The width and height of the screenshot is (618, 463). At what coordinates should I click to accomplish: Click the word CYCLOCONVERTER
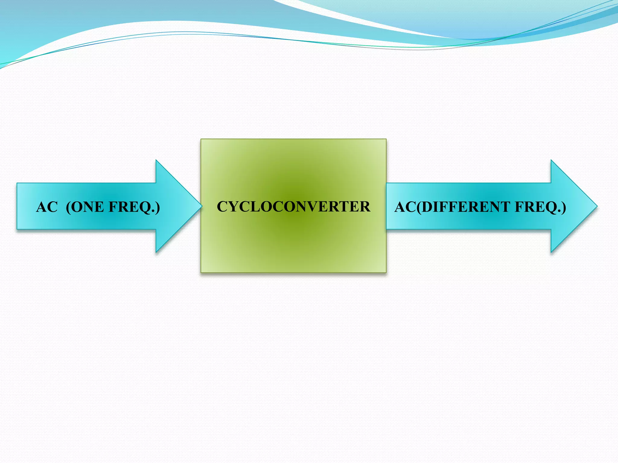[x=293, y=207]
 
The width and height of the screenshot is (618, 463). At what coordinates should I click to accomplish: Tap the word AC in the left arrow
[x=47, y=207]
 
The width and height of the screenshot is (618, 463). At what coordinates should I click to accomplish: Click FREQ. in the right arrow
[x=540, y=207]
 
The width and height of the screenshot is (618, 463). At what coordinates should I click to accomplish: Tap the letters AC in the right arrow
[x=405, y=207]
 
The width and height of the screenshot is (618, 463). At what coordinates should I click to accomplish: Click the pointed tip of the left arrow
[x=201, y=206]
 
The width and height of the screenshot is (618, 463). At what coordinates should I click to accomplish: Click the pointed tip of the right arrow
[x=597, y=206]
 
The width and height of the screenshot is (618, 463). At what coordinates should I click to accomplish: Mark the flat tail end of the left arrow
[x=17, y=206]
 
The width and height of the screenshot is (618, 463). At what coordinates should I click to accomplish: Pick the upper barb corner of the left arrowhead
[x=156, y=160]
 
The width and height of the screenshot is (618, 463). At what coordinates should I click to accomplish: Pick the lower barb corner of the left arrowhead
[x=156, y=252]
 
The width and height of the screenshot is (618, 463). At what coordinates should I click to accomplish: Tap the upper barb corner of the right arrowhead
[x=551, y=160]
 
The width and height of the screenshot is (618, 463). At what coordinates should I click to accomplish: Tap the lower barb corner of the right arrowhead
[x=551, y=252]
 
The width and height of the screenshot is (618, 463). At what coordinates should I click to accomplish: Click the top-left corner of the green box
[x=201, y=139]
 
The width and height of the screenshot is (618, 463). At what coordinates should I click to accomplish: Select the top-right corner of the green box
[x=386, y=139]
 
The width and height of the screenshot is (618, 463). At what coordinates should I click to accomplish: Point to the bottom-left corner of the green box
[x=201, y=272]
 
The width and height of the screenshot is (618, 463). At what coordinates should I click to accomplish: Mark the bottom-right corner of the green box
[x=386, y=272]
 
